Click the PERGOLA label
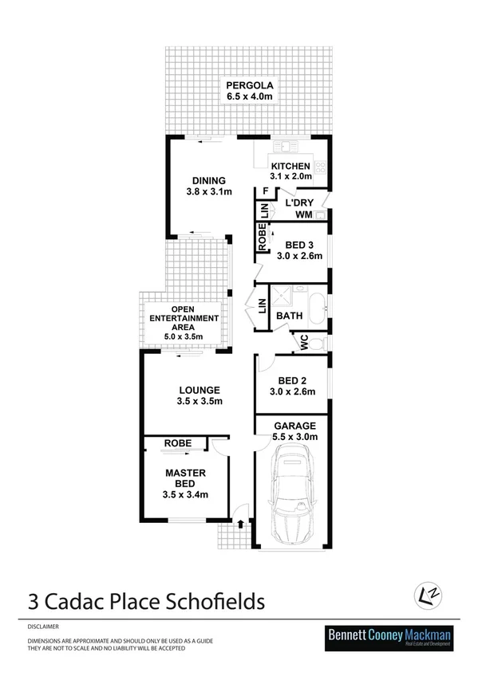click(251, 85)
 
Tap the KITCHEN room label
click(290, 166)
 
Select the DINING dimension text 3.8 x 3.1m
click(203, 192)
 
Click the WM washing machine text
click(302, 215)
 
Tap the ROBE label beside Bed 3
click(261, 238)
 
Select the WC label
click(303, 343)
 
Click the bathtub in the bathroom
click(317, 309)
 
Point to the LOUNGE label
click(199, 390)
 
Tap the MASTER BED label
click(186, 478)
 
